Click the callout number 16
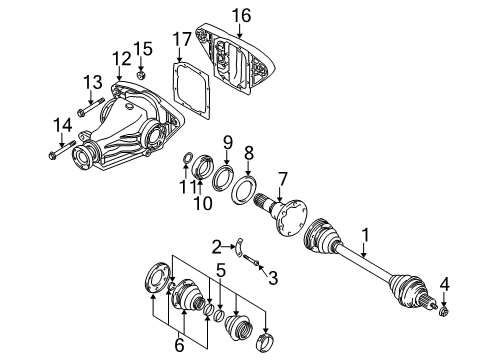coord(241,16)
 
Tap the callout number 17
coord(182,39)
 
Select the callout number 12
coord(122,59)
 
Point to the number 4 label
coord(444,285)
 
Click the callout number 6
coord(179,345)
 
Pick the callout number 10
coord(203,203)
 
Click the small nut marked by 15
coord(141,75)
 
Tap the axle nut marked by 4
coord(444,312)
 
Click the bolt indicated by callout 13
coord(91,107)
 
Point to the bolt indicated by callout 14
coord(62,150)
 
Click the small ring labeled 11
coord(188,157)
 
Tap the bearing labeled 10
coord(203,166)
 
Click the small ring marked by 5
coord(219,316)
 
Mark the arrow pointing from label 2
coord(228,247)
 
